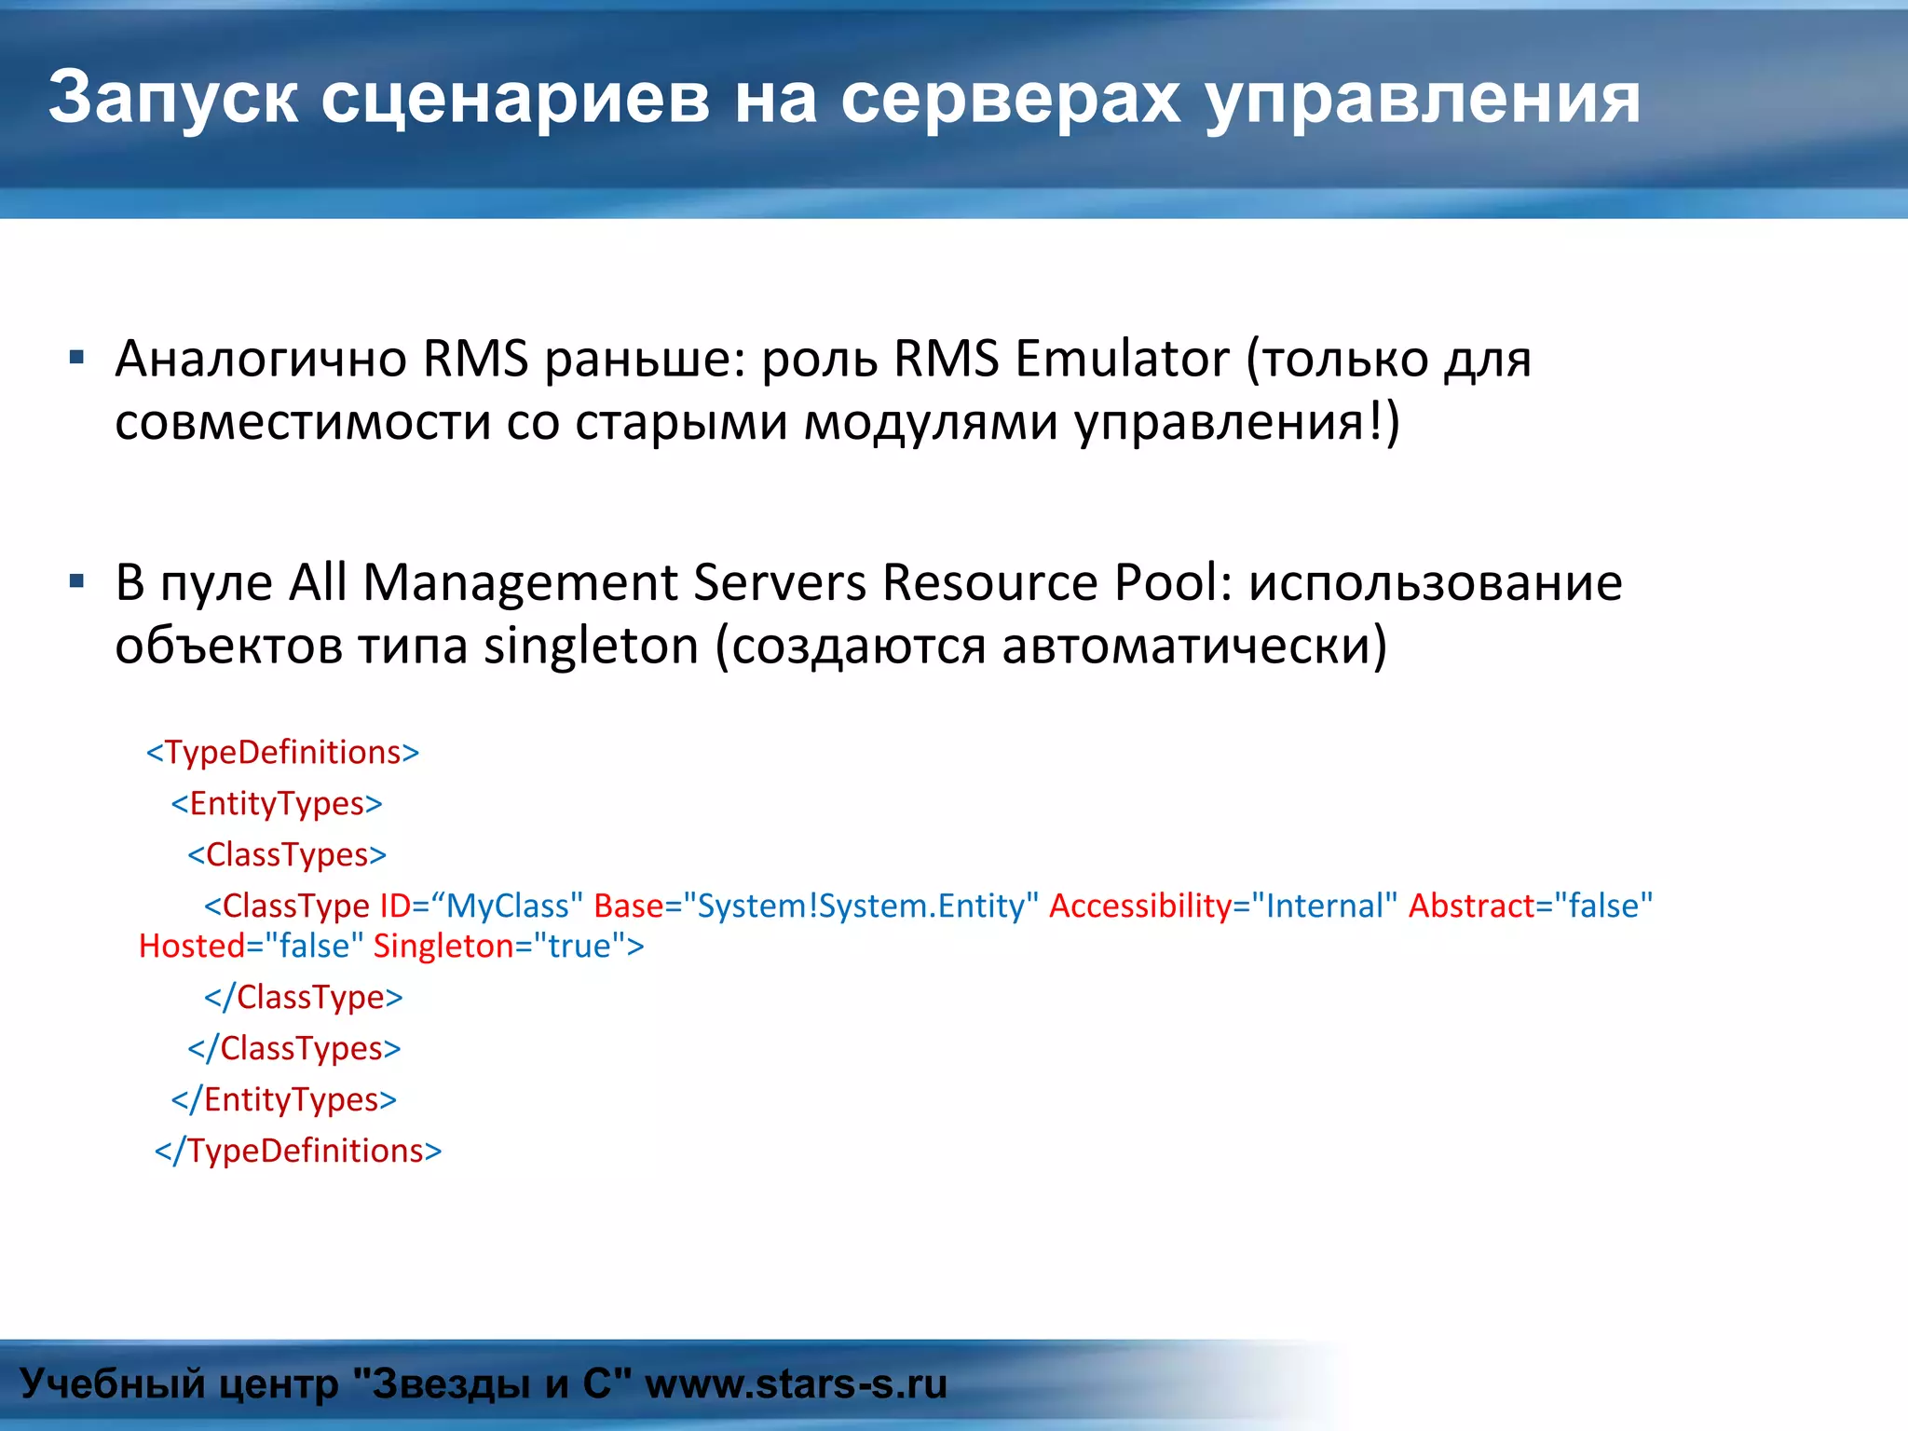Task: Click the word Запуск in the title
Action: [173, 98]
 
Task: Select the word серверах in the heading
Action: [1010, 98]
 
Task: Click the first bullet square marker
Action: [77, 357]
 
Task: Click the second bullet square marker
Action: [77, 582]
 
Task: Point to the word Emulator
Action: [1122, 359]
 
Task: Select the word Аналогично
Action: [261, 359]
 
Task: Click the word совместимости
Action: [303, 422]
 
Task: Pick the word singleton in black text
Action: [591, 647]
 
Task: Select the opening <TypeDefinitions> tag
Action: [283, 753]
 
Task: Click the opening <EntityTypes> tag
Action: [277, 804]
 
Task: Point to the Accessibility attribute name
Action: [1140, 906]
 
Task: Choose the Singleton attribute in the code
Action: [443, 947]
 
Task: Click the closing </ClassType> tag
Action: [304, 998]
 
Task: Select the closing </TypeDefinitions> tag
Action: [298, 1152]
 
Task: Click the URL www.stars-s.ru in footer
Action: [796, 1384]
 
